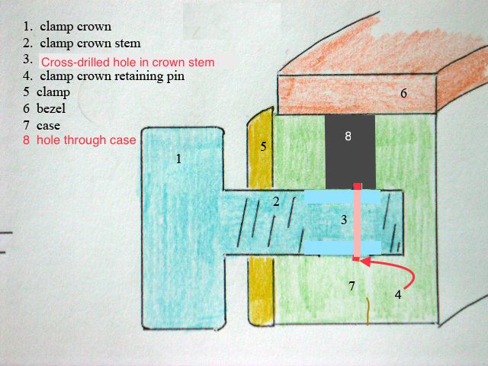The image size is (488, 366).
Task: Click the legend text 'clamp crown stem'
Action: click(x=90, y=43)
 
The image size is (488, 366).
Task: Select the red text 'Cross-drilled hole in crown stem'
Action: click(x=127, y=63)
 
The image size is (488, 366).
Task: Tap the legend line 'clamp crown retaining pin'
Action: click(x=112, y=76)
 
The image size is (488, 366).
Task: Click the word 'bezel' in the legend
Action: click(x=51, y=108)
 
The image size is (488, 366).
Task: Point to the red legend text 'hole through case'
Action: click(x=86, y=140)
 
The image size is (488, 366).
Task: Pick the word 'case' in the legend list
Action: click(x=48, y=125)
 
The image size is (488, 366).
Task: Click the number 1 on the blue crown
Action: click(x=178, y=159)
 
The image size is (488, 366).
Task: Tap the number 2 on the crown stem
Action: click(x=276, y=202)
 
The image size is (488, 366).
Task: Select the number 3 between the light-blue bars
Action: click(x=344, y=220)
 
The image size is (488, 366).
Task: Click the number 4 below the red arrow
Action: click(x=398, y=294)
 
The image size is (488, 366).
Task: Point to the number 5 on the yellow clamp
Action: click(x=263, y=146)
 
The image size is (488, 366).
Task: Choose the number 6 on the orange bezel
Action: click(x=403, y=93)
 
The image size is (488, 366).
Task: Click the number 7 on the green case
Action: click(x=352, y=286)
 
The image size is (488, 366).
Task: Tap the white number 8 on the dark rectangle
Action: click(x=348, y=136)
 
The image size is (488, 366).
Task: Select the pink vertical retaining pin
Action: click(x=357, y=223)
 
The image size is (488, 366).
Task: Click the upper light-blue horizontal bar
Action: click(x=342, y=197)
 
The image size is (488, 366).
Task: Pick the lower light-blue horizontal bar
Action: click(x=342, y=247)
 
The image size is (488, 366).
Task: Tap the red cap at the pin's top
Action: click(x=357, y=186)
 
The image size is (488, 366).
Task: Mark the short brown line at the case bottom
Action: click(x=368, y=312)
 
